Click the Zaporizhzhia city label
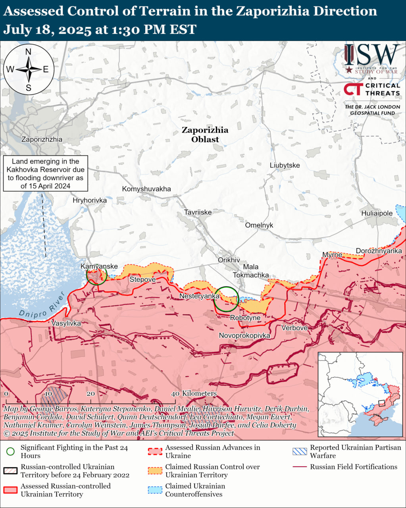pos(42,139)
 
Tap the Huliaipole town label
pos(377,213)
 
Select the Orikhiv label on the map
pos(229,260)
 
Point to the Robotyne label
pos(245,318)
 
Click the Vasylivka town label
pos(66,323)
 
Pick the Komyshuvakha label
pos(146,189)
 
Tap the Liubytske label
pos(285,165)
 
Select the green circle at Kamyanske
pos(96,275)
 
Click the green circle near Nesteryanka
pos(226,299)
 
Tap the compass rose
pos(29,69)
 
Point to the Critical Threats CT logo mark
pos(352,89)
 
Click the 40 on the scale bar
pos(175,393)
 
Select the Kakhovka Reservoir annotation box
pos(46,173)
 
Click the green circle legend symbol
pos(11,452)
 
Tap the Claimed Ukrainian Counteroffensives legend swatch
pos(155,490)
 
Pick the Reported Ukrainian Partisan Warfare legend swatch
pos(300,452)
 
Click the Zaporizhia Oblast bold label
pos(205,135)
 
